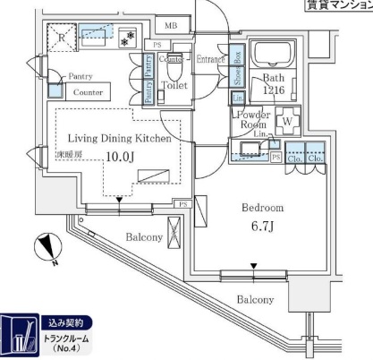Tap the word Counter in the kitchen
click(x=87, y=92)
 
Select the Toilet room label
click(x=174, y=86)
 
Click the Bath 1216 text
click(x=274, y=84)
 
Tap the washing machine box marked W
click(x=289, y=120)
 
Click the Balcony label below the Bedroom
click(x=255, y=300)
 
